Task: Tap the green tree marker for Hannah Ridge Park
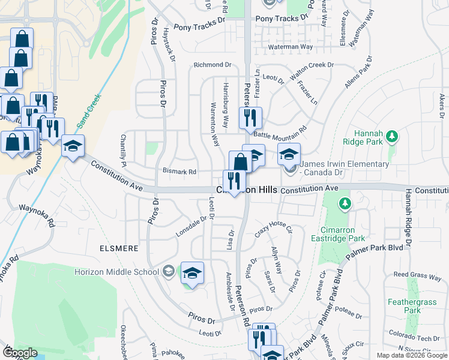392,137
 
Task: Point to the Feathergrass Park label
420,306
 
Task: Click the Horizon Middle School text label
117,272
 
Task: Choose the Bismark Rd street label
180,172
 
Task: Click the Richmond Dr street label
212,65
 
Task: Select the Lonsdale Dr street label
190,226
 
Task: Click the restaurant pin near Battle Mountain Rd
250,117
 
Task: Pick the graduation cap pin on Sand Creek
73,146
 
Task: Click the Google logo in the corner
20,353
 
